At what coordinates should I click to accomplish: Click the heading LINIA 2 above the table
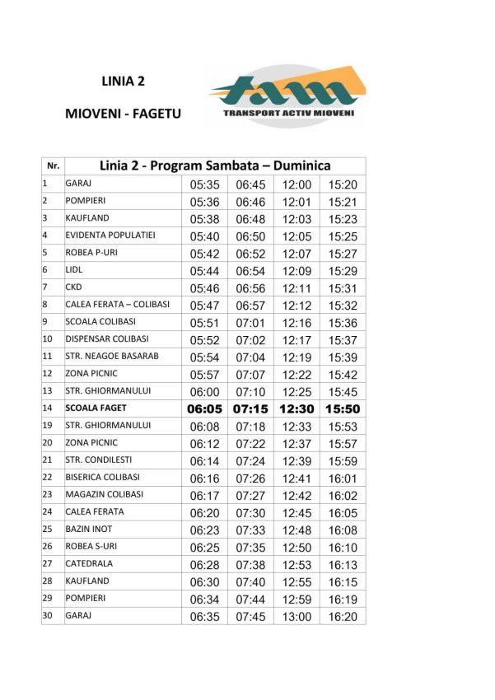click(x=123, y=81)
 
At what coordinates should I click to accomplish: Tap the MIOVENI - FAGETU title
click(x=123, y=114)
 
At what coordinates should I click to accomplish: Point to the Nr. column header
click(x=53, y=166)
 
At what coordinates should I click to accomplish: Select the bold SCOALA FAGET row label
click(x=97, y=408)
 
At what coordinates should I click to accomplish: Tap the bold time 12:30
click(x=297, y=408)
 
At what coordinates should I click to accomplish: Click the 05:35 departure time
click(x=204, y=185)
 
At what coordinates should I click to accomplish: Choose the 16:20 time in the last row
click(x=343, y=616)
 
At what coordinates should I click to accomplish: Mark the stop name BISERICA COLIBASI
click(x=102, y=477)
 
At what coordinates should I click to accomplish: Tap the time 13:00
click(x=297, y=616)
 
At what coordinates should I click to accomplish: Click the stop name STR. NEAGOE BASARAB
click(x=112, y=356)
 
